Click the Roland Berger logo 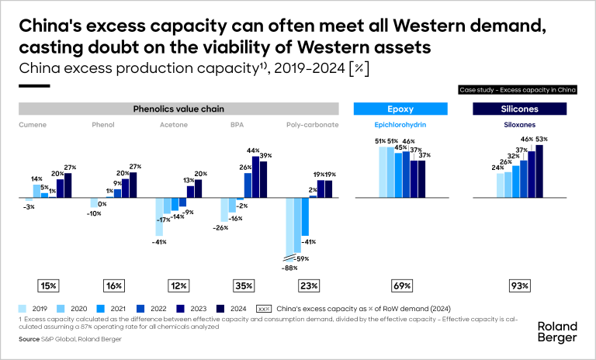pyautogui.click(x=556, y=332)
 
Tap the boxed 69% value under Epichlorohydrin pyautogui.click(x=402, y=286)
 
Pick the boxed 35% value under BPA pyautogui.click(x=244, y=286)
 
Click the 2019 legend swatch pyautogui.click(x=23, y=308)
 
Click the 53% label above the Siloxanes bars pyautogui.click(x=541, y=140)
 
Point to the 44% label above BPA pyautogui.click(x=253, y=151)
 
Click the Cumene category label pyautogui.click(x=30, y=123)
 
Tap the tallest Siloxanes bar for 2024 pyautogui.click(x=540, y=171)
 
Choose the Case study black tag pyautogui.click(x=518, y=91)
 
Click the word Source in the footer pyautogui.click(x=29, y=338)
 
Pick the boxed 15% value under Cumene pyautogui.click(x=48, y=286)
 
